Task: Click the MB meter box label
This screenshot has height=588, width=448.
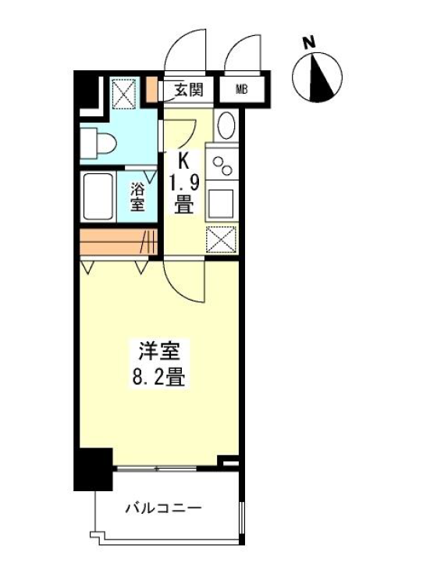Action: click(x=242, y=90)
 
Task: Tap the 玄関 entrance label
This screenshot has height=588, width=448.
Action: click(x=189, y=90)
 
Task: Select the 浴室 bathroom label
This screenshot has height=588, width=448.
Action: click(x=137, y=197)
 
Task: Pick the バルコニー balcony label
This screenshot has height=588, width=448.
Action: click(x=163, y=508)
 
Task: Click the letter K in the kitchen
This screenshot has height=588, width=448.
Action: click(x=183, y=162)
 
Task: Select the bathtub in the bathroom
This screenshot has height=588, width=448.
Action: click(x=98, y=197)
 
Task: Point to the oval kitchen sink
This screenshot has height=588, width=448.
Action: click(x=226, y=126)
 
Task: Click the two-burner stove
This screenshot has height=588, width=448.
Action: click(x=222, y=164)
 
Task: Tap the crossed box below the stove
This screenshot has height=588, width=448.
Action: click(x=221, y=239)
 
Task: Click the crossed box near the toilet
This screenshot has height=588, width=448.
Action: click(x=124, y=92)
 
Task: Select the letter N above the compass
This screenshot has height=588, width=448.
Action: click(x=309, y=43)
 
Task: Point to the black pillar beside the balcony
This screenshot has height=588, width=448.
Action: click(x=94, y=469)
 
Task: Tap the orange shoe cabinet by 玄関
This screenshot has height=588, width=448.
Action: click(x=152, y=89)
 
